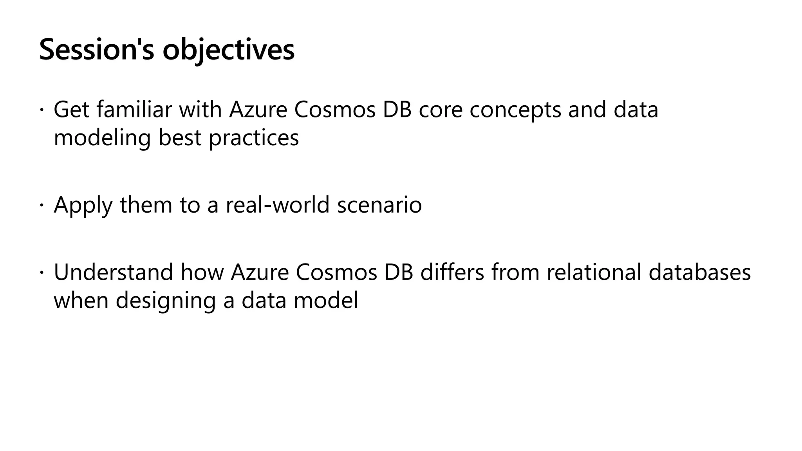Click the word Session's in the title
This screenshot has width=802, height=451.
[x=97, y=50]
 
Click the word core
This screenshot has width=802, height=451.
[x=441, y=110]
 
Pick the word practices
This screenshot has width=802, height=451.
[x=254, y=138]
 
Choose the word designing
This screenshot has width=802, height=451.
[x=166, y=301]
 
